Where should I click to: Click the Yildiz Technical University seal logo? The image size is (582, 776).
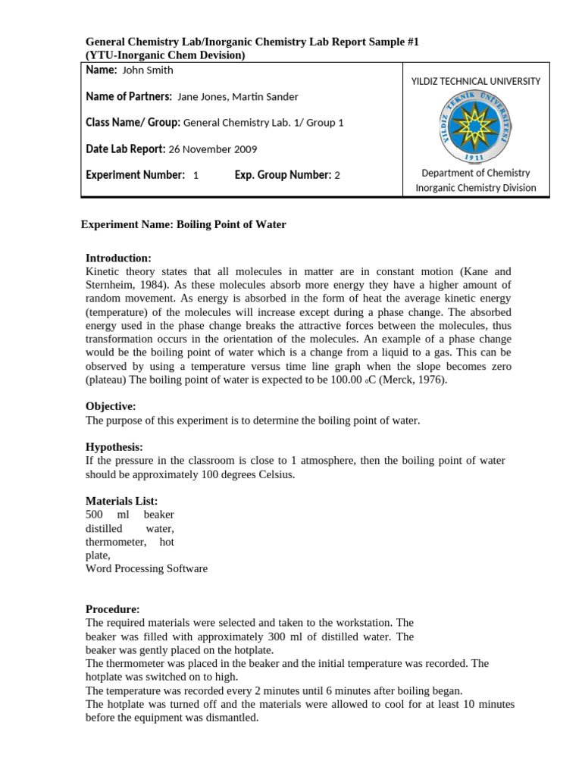pyautogui.click(x=476, y=126)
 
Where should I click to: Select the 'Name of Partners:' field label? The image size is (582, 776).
pyautogui.click(x=129, y=96)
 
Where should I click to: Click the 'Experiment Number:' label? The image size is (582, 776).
pyautogui.click(x=135, y=175)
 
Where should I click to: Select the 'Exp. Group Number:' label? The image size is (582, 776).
pyautogui.click(x=283, y=175)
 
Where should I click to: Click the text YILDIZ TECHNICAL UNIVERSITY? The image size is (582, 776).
pyautogui.click(x=475, y=82)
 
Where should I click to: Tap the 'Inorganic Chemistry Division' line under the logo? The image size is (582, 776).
pyautogui.click(x=475, y=188)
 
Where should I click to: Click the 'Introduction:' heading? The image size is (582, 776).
pyautogui.click(x=118, y=258)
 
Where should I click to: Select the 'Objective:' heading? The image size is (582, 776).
pyautogui.click(x=111, y=406)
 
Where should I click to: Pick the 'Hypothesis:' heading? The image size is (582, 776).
pyautogui.click(x=114, y=447)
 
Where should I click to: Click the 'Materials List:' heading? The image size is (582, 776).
pyautogui.click(x=121, y=501)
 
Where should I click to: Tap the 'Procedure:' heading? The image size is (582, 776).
pyautogui.click(x=113, y=609)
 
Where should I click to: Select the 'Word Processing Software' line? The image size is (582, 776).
pyautogui.click(x=146, y=568)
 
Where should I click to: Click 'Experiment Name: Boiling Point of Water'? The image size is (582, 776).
pyautogui.click(x=183, y=225)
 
